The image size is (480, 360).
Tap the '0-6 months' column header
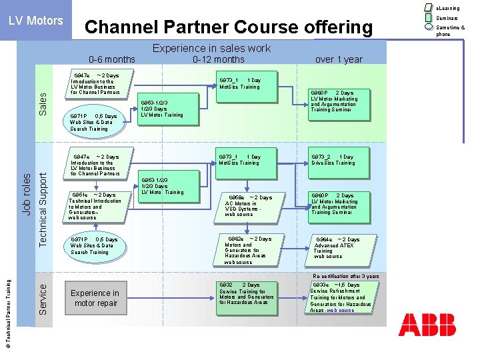click(111, 59)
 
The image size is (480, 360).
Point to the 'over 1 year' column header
click(339, 59)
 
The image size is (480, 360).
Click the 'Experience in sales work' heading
click(212, 48)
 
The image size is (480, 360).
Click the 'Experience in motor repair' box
click(95, 298)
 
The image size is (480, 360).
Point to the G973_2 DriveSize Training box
click(338, 163)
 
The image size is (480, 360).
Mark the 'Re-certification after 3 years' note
click(345, 276)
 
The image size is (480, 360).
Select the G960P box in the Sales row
click(338, 105)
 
